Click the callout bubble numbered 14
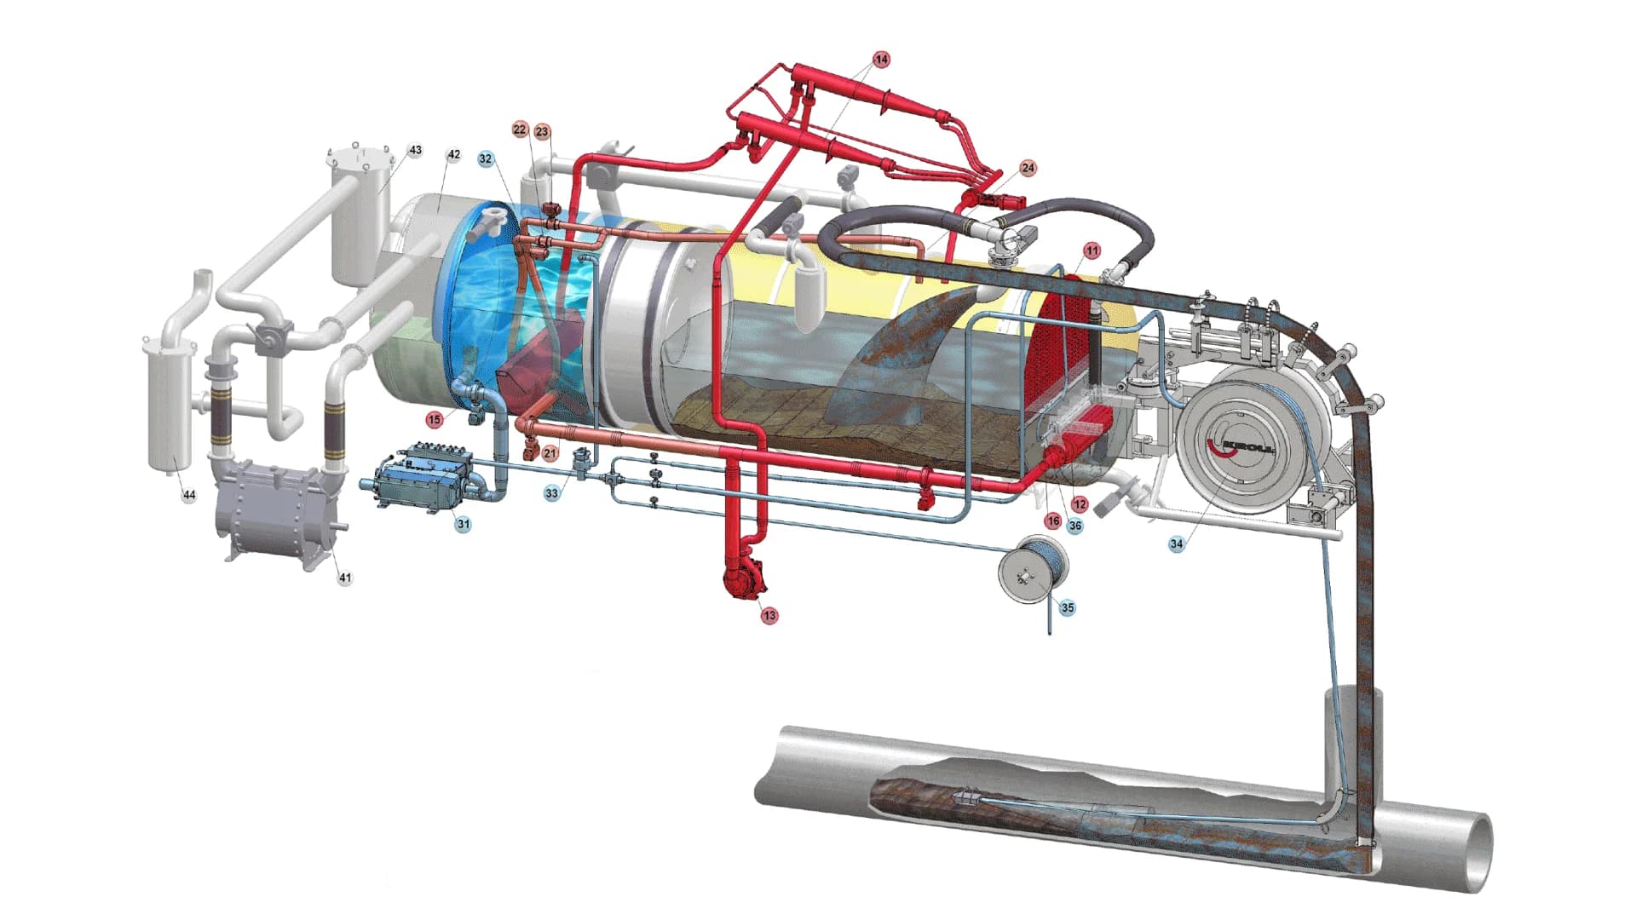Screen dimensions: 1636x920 point(881,60)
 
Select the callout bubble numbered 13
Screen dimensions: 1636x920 point(769,615)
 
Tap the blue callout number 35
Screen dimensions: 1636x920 point(1068,607)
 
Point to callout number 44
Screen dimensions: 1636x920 point(189,494)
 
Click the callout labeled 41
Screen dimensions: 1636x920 point(344,578)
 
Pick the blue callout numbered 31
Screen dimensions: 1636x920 point(463,524)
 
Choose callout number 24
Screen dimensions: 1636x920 point(1028,168)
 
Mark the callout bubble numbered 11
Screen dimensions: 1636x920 point(1092,250)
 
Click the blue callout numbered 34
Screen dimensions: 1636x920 point(1176,543)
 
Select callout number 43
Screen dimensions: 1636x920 point(415,150)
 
